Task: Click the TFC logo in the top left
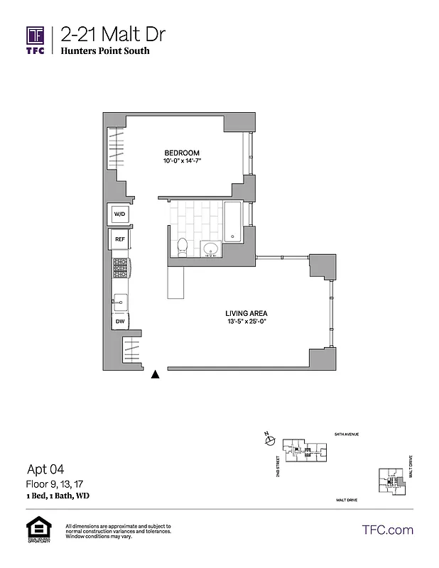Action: click(36, 41)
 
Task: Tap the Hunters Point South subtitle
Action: click(105, 51)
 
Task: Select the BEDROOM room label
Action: click(182, 153)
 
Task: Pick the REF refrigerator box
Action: click(119, 239)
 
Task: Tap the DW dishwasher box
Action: click(119, 322)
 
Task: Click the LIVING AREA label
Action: click(246, 313)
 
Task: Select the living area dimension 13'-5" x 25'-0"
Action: click(246, 322)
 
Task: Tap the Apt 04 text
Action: click(45, 469)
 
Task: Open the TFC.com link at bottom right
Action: click(387, 530)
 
